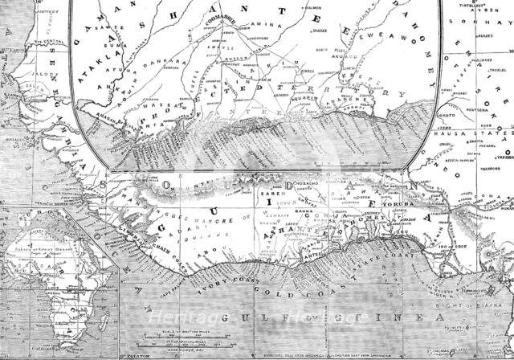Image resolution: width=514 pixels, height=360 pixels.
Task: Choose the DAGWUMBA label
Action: [x=290, y=181]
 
